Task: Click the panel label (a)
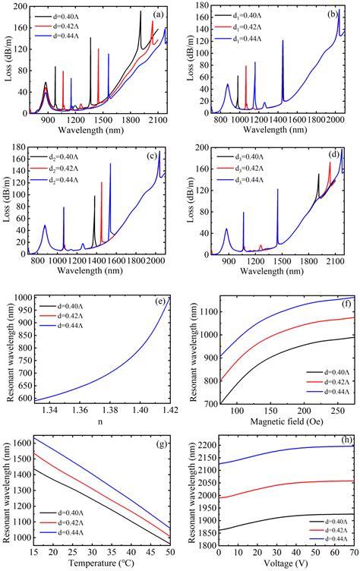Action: click(157, 14)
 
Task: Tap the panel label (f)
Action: click(346, 301)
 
